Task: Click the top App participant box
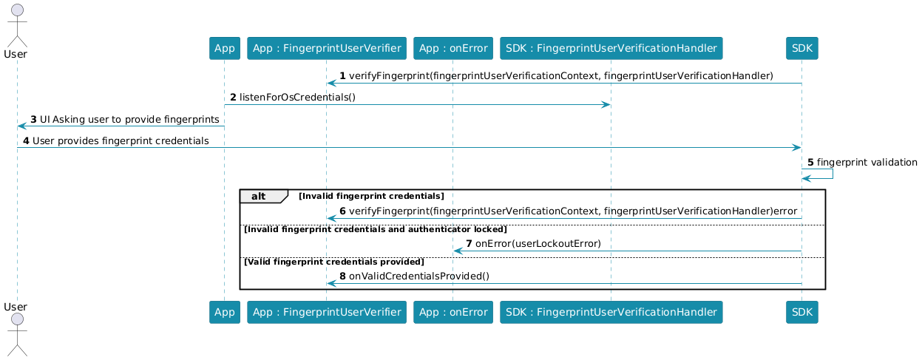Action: coord(224,48)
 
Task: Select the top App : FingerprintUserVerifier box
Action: coord(327,48)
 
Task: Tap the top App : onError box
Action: coord(453,48)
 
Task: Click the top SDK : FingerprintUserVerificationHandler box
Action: coord(611,48)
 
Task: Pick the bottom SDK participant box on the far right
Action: coord(801,312)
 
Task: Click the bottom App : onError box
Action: coord(453,312)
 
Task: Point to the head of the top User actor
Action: coord(17,10)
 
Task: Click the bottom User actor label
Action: coord(16,307)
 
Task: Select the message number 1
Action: coord(342,75)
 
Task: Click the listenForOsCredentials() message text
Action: coord(297,97)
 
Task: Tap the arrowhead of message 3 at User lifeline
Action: coord(22,126)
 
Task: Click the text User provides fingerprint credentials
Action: coord(121,140)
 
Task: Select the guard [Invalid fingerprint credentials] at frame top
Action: coord(371,196)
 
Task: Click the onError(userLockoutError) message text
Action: coord(538,243)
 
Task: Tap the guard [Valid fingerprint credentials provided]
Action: coord(333,262)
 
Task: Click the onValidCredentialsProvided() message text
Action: coord(419,276)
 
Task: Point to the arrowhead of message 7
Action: coord(458,251)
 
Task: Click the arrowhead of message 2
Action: coord(606,104)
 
